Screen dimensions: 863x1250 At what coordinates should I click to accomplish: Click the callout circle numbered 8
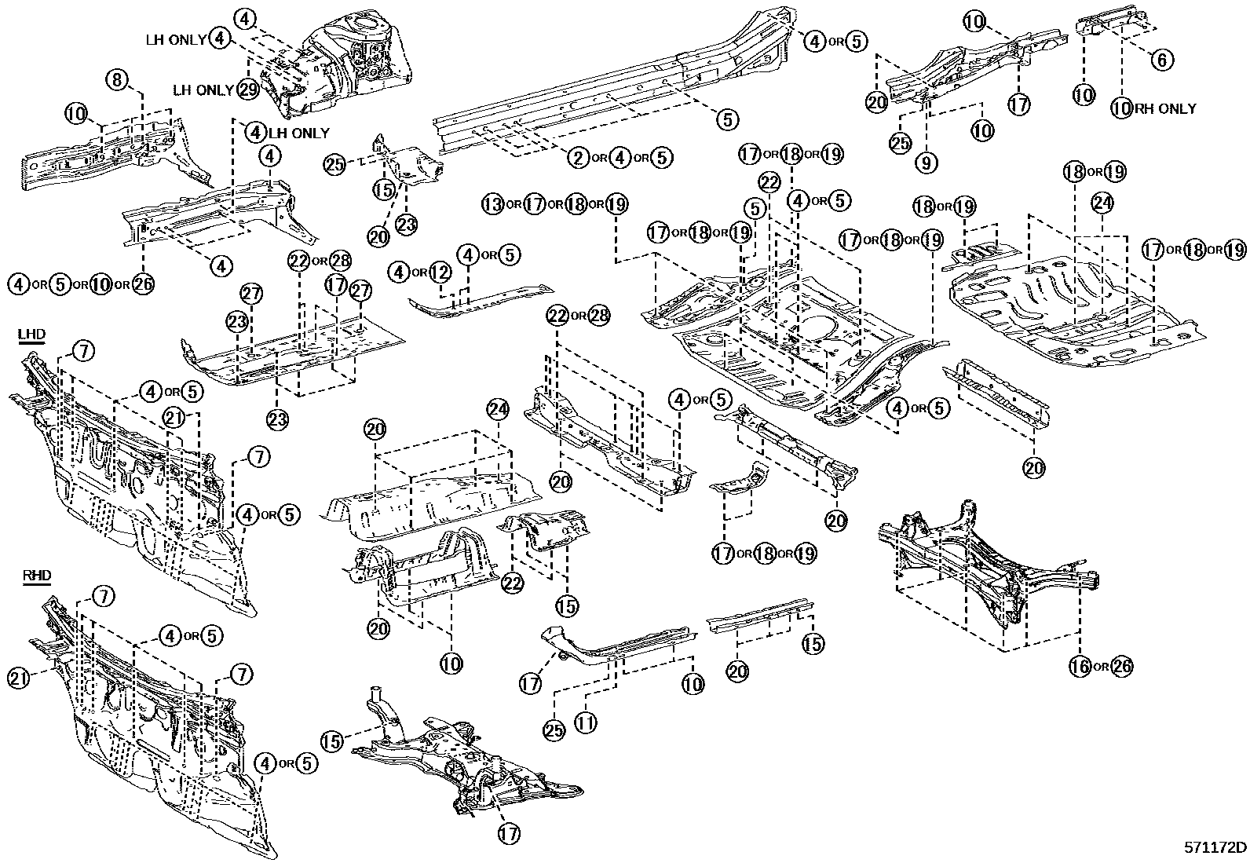[x=117, y=79]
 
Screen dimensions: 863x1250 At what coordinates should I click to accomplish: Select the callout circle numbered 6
[x=1162, y=59]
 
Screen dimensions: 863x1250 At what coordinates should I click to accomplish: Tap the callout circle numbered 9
[x=927, y=163]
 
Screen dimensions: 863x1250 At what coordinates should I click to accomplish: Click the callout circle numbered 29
[x=248, y=90]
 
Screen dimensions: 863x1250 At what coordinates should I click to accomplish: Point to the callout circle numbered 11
[x=585, y=722]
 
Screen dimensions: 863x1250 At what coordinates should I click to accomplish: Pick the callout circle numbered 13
[x=492, y=205]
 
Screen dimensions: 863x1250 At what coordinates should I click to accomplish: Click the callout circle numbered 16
[x=1080, y=666]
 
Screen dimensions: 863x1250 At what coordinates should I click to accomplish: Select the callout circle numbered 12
[x=440, y=272]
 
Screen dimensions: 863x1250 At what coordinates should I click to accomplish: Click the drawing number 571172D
[x=1215, y=848]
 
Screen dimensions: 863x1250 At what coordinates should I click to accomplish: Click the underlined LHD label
[x=31, y=335]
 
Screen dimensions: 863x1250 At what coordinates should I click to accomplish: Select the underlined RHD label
[x=36, y=576]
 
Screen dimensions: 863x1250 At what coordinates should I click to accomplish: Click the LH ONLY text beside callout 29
[x=203, y=90]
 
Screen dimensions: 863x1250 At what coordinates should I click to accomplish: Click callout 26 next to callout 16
[x=1123, y=666]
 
